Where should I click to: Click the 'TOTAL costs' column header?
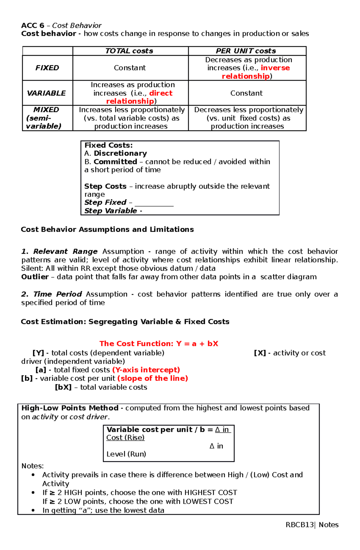point(129,51)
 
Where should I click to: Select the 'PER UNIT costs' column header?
point(246,51)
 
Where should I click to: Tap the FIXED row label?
point(47,68)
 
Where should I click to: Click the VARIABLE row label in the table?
point(46,93)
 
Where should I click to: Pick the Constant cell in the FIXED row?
point(130,68)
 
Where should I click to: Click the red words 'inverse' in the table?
point(275,68)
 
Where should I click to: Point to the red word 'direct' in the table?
point(161,93)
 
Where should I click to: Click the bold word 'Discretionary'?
point(120,153)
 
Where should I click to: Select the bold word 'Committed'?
point(115,162)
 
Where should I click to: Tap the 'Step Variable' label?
point(111,211)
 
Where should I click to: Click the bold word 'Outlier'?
point(35,277)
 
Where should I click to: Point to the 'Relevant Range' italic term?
point(65,251)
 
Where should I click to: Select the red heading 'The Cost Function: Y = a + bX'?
point(159,344)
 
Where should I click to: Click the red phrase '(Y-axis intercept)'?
point(146,370)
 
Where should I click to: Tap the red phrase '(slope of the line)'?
point(153,378)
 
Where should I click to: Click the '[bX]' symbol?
point(63,387)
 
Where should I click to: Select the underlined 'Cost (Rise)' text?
point(125,438)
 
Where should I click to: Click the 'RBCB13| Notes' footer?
point(312,525)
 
